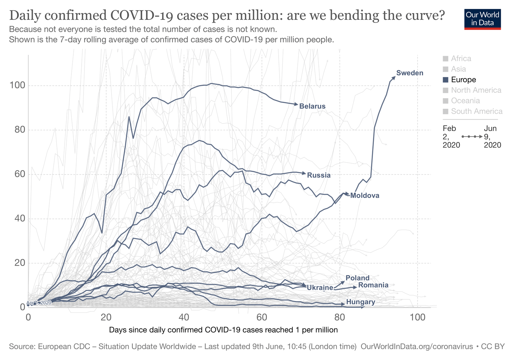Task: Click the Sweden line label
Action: tap(410, 73)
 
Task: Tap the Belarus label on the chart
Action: tap(312, 106)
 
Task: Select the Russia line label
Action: tap(319, 175)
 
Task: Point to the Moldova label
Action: tap(365, 195)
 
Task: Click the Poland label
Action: tap(357, 278)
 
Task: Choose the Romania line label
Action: tap(373, 285)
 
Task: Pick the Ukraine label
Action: tap(320, 288)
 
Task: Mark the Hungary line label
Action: tap(361, 302)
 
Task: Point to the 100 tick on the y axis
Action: tap(17, 85)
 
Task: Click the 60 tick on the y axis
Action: tap(19, 174)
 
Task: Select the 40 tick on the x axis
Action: tap(184, 317)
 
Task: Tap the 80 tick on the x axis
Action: tap(340, 317)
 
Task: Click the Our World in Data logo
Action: tap(482, 19)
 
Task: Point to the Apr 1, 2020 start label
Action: tap(39, 303)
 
